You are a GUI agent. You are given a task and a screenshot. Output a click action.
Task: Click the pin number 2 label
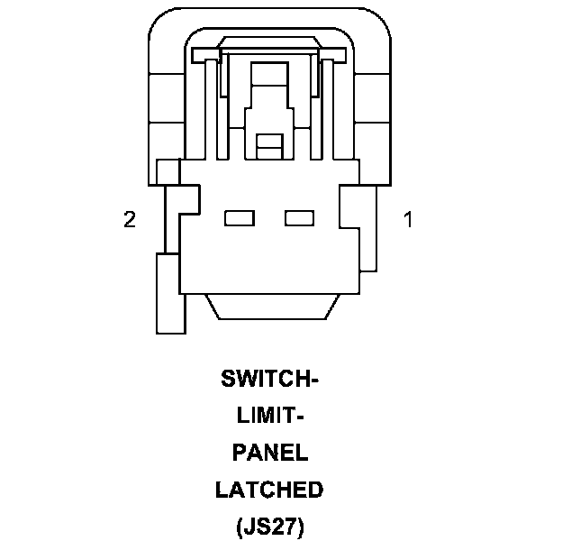click(130, 219)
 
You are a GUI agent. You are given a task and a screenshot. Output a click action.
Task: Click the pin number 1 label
click(408, 219)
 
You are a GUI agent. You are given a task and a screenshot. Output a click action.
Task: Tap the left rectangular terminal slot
click(238, 217)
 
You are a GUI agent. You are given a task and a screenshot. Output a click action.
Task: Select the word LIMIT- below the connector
click(269, 417)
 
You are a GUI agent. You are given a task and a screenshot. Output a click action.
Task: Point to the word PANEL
click(269, 453)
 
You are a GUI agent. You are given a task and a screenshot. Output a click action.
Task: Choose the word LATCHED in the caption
click(269, 490)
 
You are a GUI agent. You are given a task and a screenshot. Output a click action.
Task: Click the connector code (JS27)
click(269, 527)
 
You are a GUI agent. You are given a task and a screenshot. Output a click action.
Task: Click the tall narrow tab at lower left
click(169, 293)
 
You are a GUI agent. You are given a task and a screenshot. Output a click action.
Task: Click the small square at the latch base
click(268, 142)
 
